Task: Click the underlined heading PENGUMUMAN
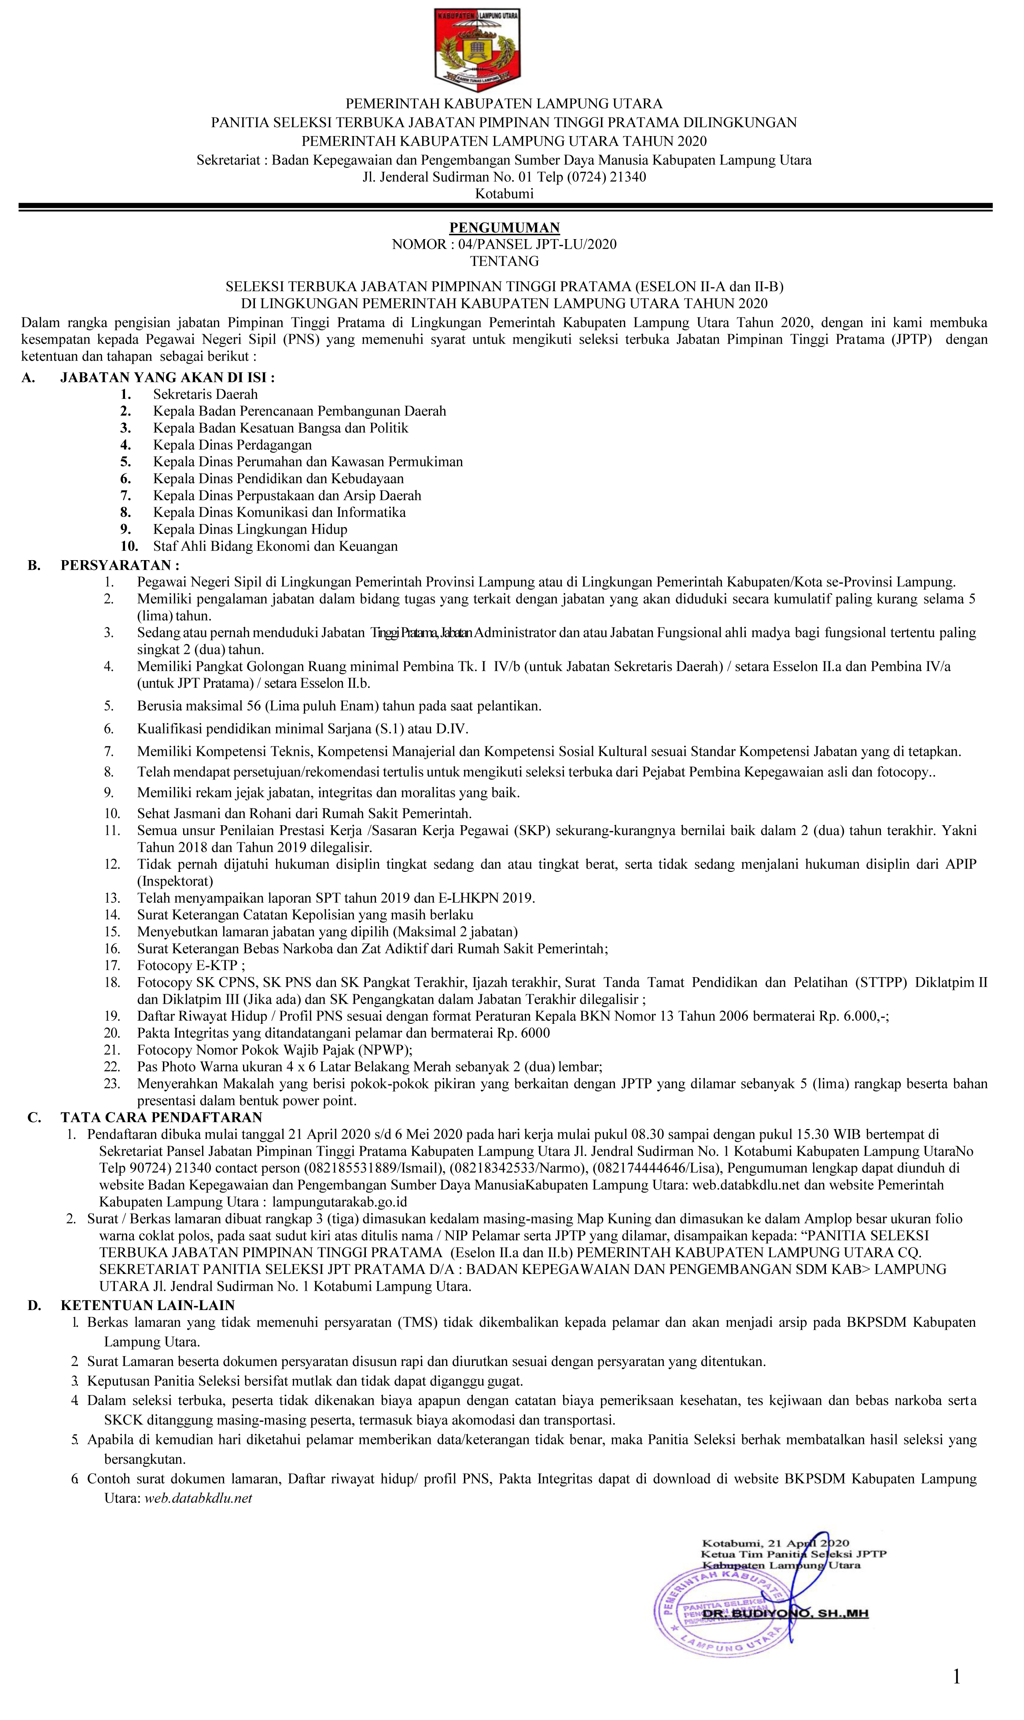coord(505,228)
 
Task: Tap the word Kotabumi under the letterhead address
coord(505,194)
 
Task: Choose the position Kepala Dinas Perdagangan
coord(232,445)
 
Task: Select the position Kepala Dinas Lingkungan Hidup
coord(250,529)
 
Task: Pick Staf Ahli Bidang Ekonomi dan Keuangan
coord(275,546)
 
